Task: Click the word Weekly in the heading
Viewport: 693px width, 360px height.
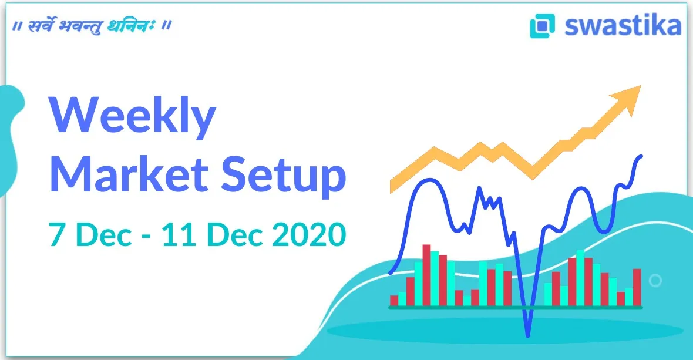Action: [x=132, y=117]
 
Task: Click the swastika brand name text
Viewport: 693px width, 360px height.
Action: [x=623, y=26]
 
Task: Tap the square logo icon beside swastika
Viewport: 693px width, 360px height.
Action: [x=542, y=26]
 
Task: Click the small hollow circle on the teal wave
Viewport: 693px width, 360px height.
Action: [x=655, y=281]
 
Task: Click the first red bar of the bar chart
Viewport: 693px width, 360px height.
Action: [x=394, y=300]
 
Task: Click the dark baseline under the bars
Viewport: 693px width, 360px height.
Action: [x=516, y=307]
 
